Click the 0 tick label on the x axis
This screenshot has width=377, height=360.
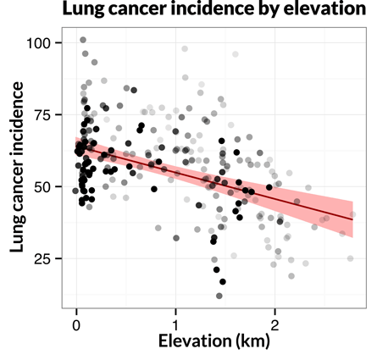[77, 324]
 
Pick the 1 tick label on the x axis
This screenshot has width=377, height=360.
[175, 324]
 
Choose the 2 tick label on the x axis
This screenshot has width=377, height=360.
[274, 324]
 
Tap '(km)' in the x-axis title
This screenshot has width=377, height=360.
[252, 343]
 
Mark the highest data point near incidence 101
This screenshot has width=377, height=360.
[82, 40]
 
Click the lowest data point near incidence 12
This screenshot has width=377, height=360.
[219, 296]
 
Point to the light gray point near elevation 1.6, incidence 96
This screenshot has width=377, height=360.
[235, 54]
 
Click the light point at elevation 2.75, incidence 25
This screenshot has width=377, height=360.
[349, 258]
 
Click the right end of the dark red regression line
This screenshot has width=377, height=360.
[352, 219]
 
